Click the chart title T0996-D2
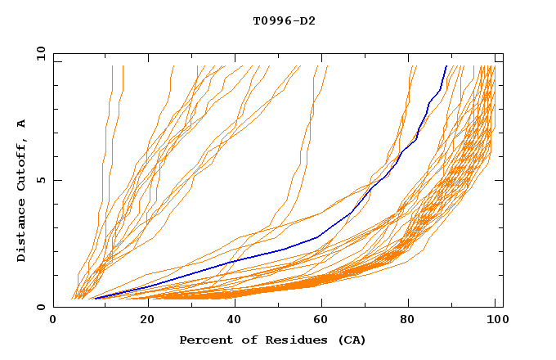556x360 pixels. (x=284, y=20)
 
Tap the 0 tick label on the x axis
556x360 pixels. (x=53, y=321)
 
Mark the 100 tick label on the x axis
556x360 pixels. (x=496, y=321)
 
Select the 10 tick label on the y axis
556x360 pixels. (x=38, y=53)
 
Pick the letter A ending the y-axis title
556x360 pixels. (x=22, y=123)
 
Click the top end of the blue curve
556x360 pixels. (x=446, y=66)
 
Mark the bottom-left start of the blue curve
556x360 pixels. (x=95, y=298)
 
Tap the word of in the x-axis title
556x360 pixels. (x=245, y=340)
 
